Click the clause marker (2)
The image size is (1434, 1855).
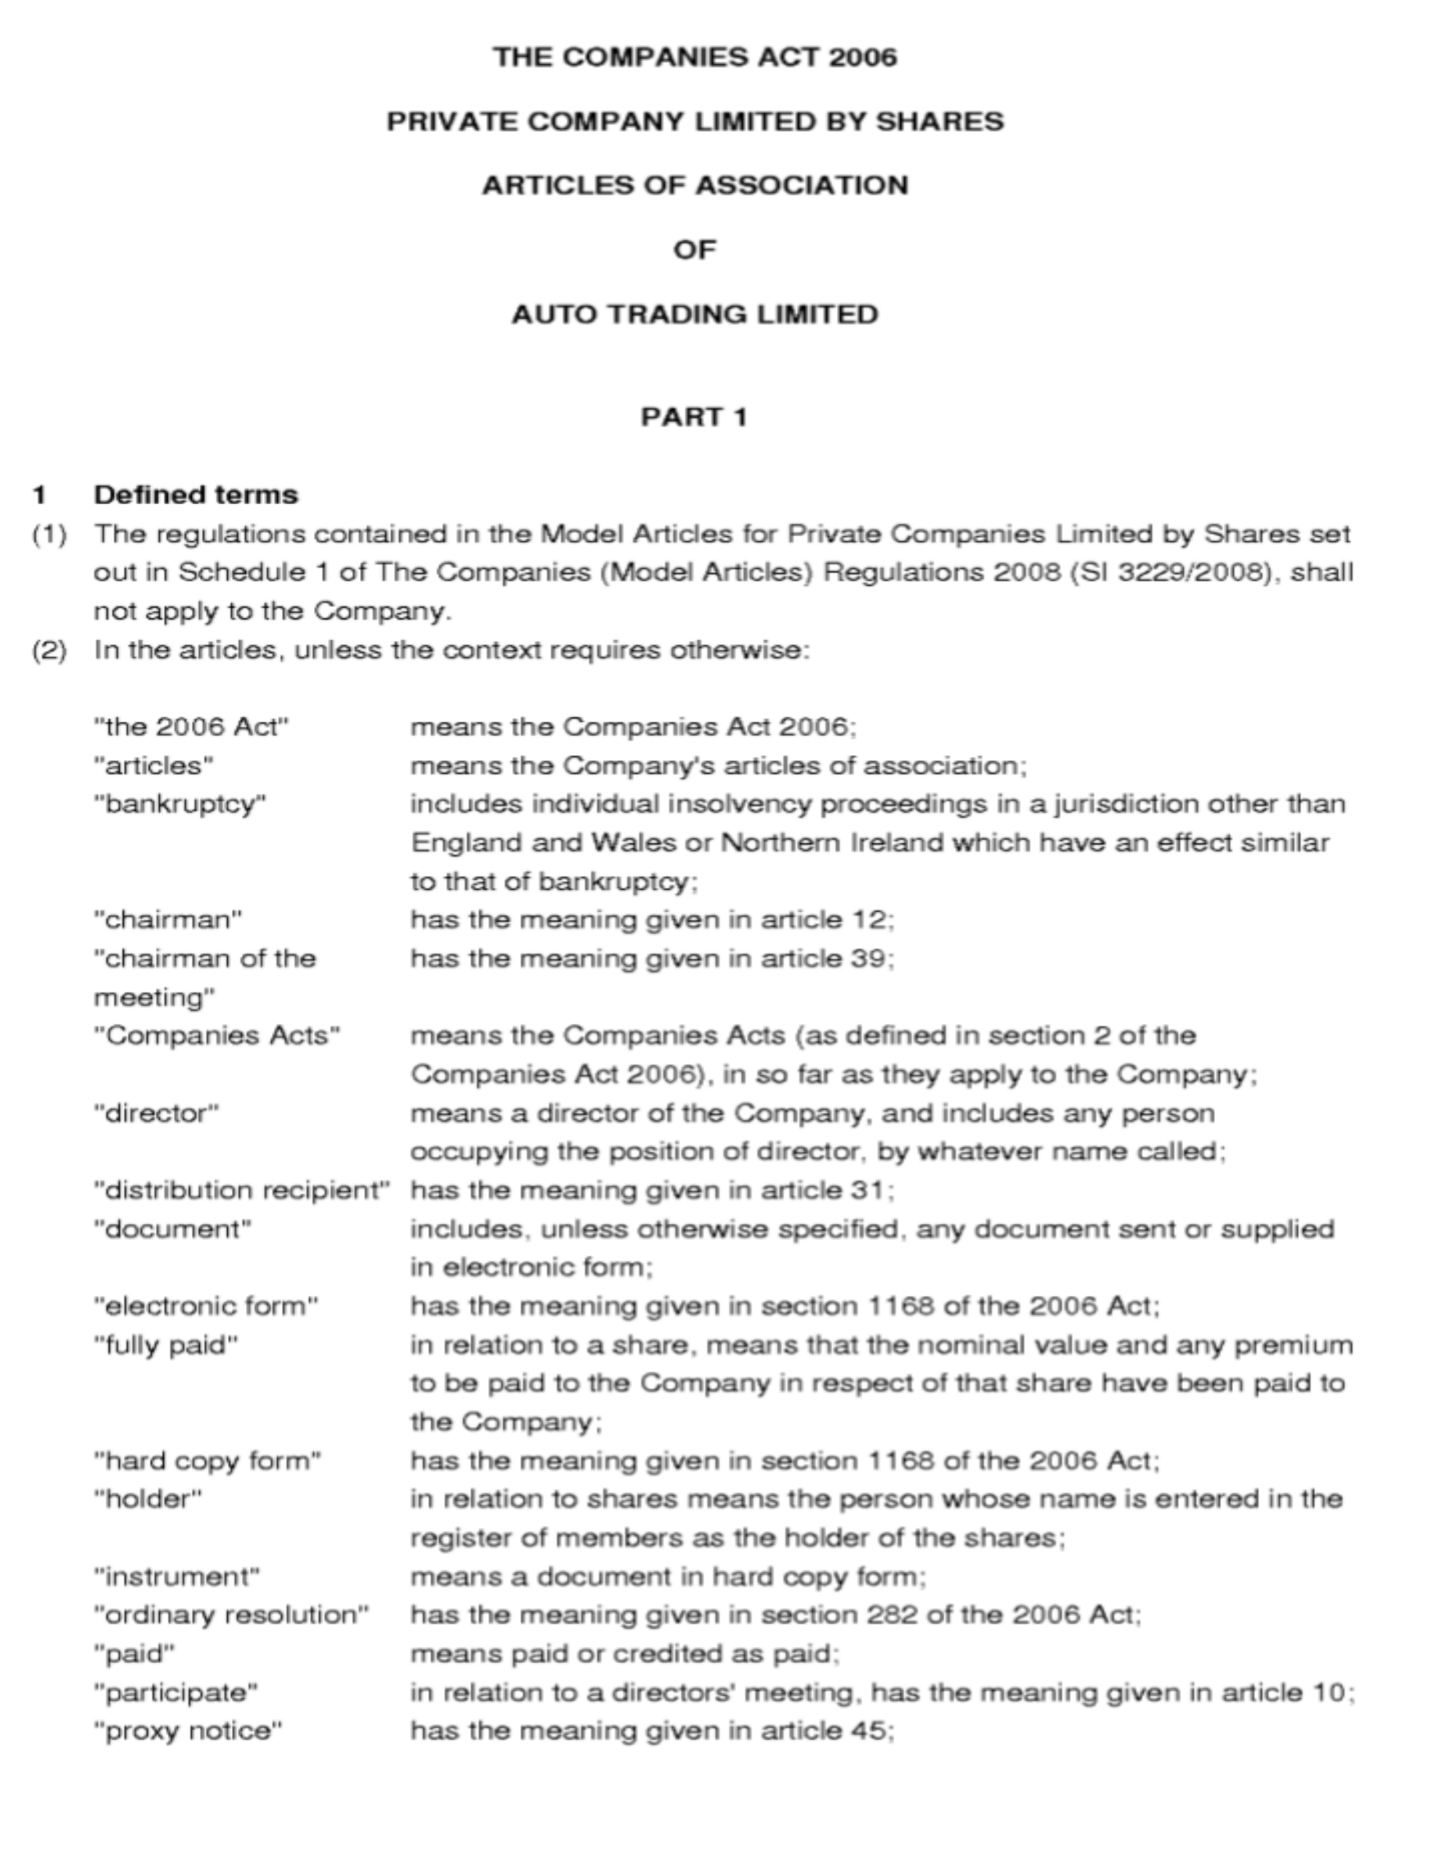(49, 650)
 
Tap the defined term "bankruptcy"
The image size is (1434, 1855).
(180, 803)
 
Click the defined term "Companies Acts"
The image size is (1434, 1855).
(217, 1035)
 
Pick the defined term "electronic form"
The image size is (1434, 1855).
(206, 1305)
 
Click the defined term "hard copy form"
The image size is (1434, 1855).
(208, 1461)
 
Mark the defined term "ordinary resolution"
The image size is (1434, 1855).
(231, 1614)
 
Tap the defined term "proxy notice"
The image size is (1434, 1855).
(188, 1730)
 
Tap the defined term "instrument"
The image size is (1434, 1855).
(177, 1576)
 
